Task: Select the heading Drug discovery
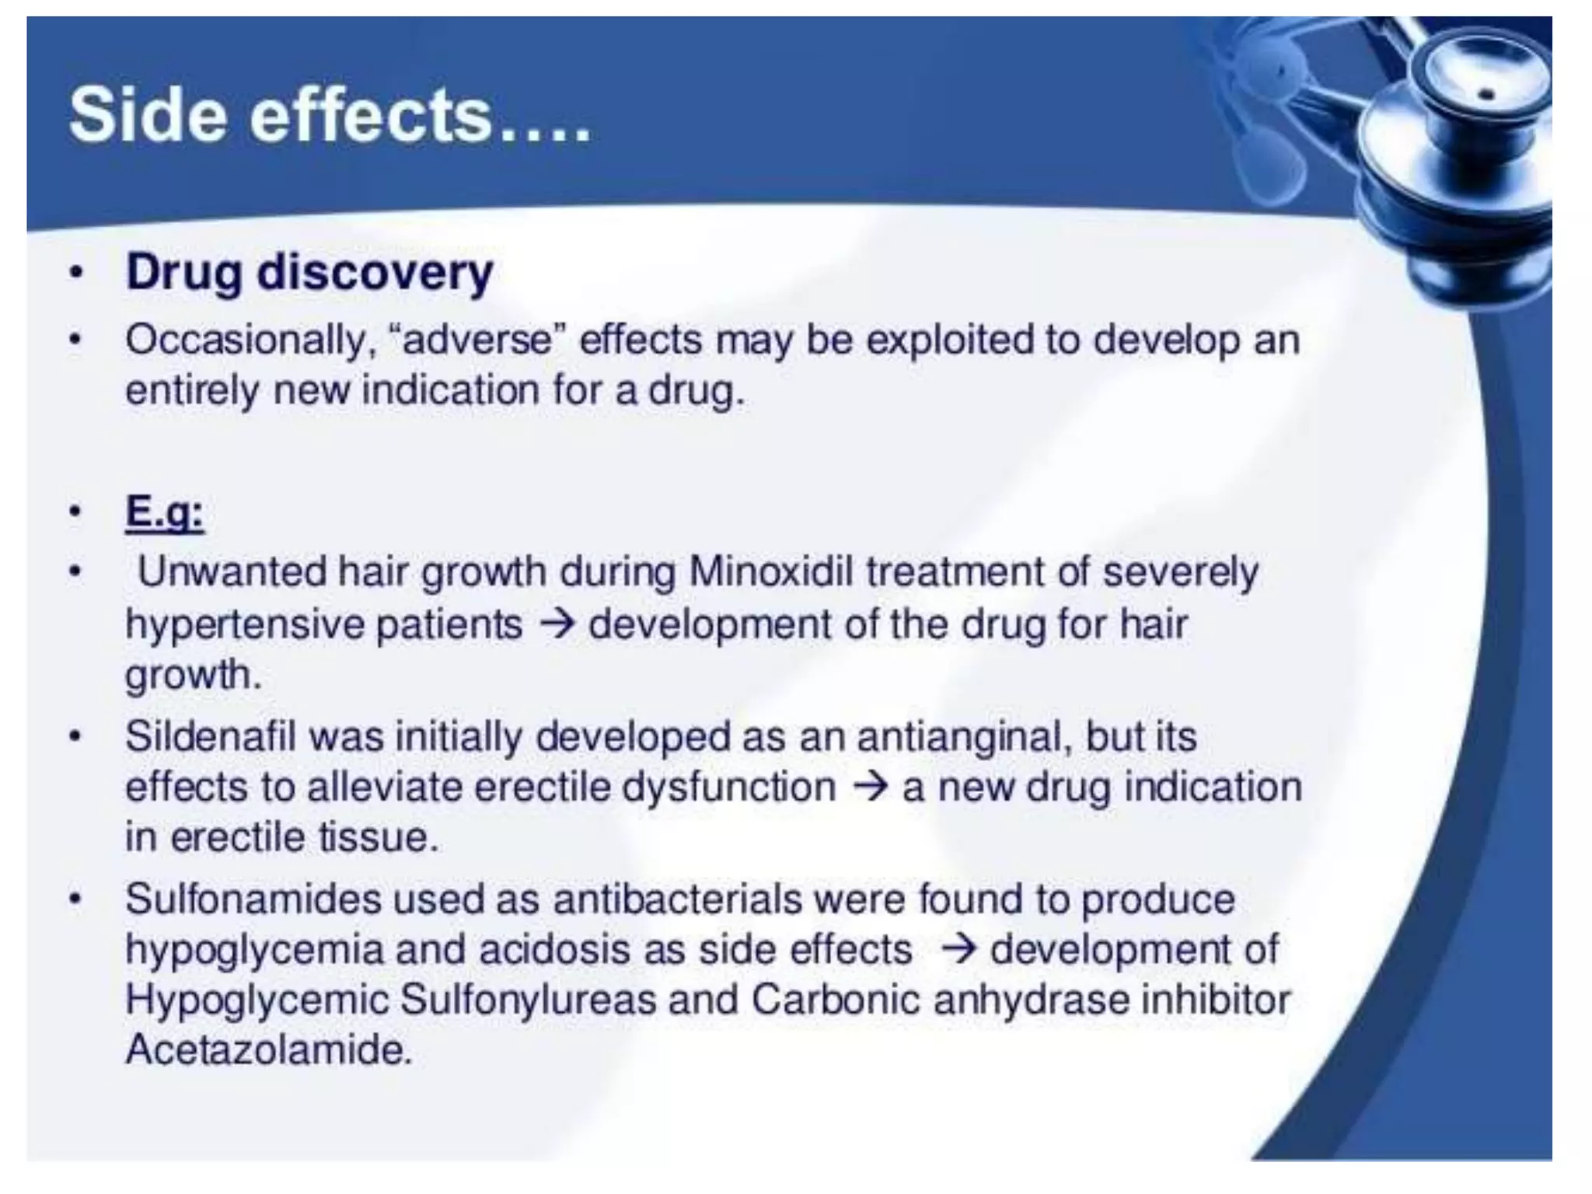click(309, 273)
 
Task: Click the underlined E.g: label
click(165, 512)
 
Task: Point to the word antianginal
click(958, 737)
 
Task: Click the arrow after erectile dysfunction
click(870, 787)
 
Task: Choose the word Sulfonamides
click(252, 899)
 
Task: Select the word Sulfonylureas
click(528, 1000)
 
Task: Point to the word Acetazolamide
click(268, 1050)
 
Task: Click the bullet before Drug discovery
click(75, 274)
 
